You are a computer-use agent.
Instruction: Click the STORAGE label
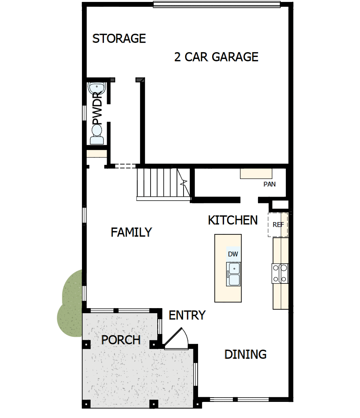pos(119,38)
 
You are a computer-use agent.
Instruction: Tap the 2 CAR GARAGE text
pos(216,57)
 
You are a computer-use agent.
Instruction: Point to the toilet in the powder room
pos(96,135)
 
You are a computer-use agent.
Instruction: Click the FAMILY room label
pos(131,232)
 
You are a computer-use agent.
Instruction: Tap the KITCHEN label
pos(233,220)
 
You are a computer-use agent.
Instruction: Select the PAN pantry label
pos(269,184)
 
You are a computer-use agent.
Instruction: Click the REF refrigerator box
pos(278,225)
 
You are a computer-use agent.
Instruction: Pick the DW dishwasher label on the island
pos(233,254)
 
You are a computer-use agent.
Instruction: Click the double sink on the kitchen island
pos(233,274)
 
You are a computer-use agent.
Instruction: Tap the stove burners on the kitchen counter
pos(280,274)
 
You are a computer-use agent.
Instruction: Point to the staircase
pos(161,183)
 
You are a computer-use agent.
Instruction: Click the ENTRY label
pos(187,315)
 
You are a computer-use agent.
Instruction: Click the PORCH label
pos(121,340)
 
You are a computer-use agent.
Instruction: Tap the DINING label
pos(245,354)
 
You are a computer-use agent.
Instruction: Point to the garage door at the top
pos(216,5)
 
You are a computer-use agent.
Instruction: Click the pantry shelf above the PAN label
pos(256,173)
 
